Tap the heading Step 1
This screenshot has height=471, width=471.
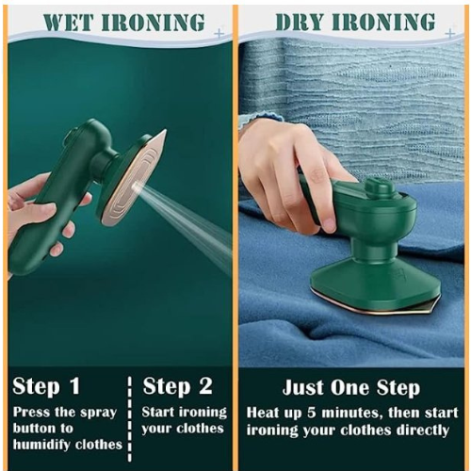click(46, 386)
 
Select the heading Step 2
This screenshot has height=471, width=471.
click(178, 386)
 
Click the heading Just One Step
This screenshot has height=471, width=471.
click(351, 388)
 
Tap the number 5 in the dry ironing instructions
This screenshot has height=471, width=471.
click(311, 413)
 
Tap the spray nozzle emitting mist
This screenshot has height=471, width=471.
click(136, 186)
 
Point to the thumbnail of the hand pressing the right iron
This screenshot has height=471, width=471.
click(328, 221)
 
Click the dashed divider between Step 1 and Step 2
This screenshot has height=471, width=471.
click(130, 419)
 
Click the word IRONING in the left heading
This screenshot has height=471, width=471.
click(154, 23)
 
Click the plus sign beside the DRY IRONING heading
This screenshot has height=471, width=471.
click(450, 33)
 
